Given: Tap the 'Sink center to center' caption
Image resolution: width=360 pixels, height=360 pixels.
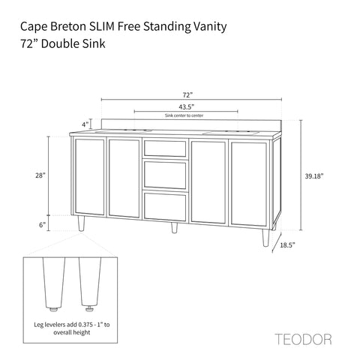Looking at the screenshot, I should click(x=177, y=116).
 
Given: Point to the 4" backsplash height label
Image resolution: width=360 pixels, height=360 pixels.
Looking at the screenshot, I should click(x=85, y=124).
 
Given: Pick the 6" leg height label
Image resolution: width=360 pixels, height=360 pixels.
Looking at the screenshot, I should click(x=43, y=224).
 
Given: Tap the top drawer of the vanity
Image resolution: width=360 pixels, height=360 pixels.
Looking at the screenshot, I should click(x=165, y=148).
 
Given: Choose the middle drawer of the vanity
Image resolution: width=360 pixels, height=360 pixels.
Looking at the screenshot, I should click(x=165, y=175).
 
